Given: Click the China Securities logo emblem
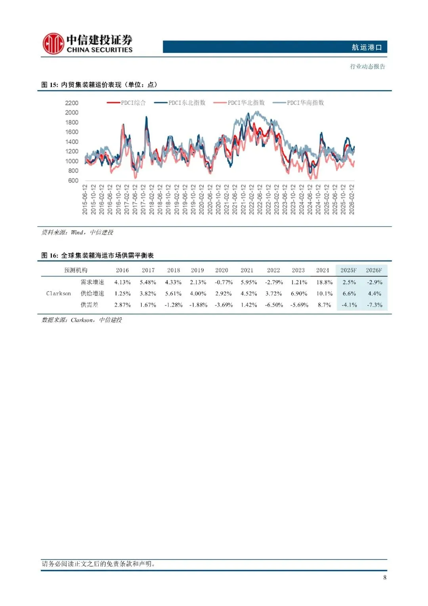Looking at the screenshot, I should click(x=53, y=44).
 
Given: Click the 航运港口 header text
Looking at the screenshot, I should click(x=367, y=47).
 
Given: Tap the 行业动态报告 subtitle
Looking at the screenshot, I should click(x=367, y=66).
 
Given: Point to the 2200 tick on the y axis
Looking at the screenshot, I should click(x=72, y=103).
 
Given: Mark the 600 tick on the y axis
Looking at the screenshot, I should click(x=73, y=181).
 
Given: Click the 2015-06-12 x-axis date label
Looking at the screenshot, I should click(x=85, y=199).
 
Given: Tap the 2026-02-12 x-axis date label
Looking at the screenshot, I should click(x=352, y=199).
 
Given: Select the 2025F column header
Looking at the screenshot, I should click(x=348, y=270).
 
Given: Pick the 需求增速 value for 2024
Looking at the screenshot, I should click(x=324, y=282).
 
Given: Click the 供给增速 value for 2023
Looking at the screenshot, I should click(x=299, y=294).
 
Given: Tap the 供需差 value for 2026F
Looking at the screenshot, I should click(x=374, y=305).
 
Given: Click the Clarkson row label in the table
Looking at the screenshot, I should click(x=59, y=294).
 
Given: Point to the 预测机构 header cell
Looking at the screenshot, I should click(x=76, y=270).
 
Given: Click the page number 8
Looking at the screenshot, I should click(x=384, y=577).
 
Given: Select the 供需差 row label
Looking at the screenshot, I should click(x=90, y=305).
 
